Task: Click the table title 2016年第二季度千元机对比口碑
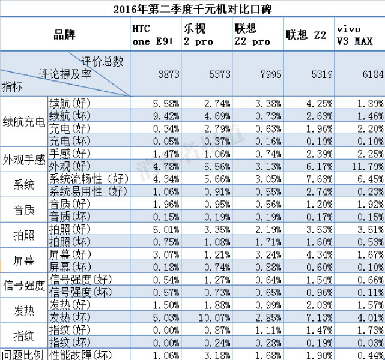click(192, 8)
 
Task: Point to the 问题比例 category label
click(23, 354)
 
